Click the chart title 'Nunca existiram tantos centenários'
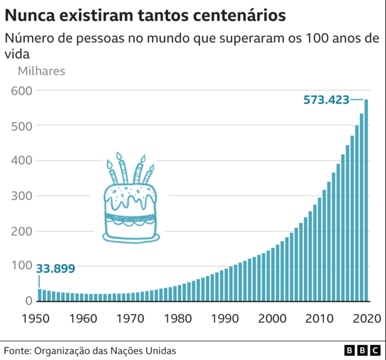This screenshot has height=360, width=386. click(145, 13)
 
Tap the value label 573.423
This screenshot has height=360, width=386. click(326, 99)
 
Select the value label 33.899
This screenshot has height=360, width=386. click(56, 268)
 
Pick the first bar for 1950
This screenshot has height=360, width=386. click(40, 295)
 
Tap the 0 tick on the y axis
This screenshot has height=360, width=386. click(27, 301)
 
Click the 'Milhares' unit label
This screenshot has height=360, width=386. click(41, 71)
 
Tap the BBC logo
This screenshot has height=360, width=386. click(361, 350)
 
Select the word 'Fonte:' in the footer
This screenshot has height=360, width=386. click(17, 350)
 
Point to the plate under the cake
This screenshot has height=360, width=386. click(131, 238)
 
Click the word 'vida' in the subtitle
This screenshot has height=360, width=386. click(17, 53)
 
